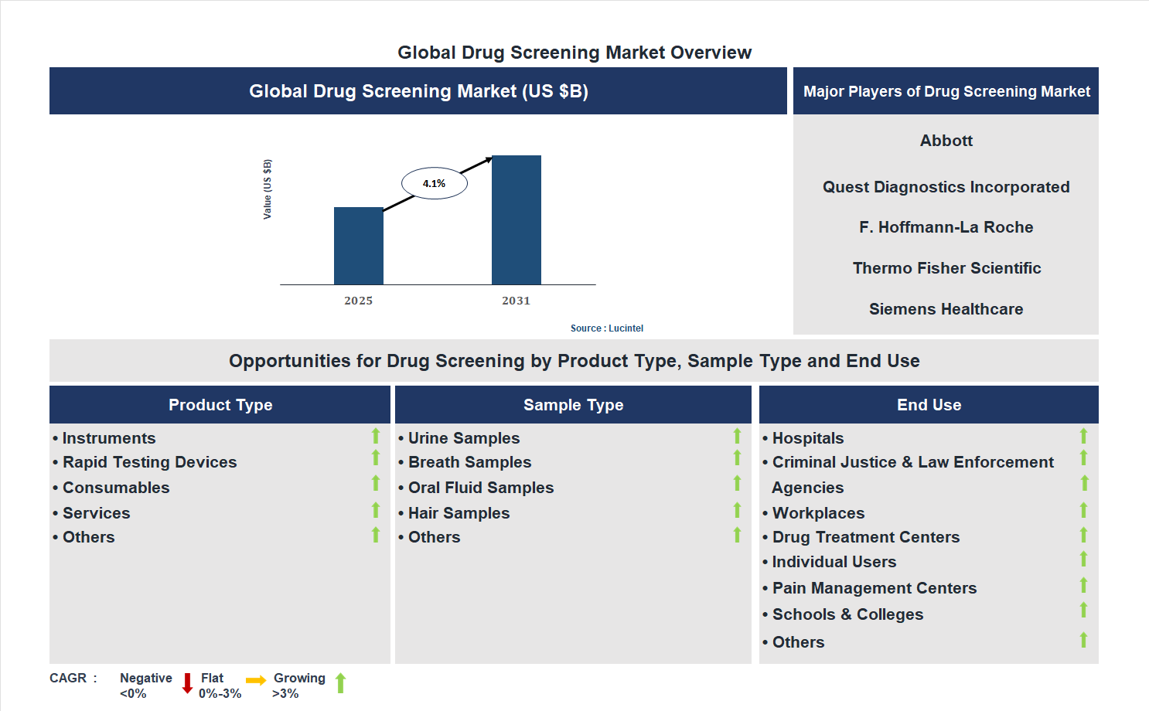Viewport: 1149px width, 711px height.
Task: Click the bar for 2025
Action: point(358,246)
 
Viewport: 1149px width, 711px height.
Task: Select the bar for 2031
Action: point(516,220)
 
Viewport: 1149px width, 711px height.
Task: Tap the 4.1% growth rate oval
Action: point(434,184)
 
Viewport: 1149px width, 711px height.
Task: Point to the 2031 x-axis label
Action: point(516,301)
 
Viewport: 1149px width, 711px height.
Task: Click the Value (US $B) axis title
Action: point(268,189)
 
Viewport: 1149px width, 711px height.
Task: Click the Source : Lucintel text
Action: point(606,328)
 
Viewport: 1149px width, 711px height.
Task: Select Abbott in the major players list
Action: point(946,141)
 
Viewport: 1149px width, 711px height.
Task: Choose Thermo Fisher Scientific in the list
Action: point(946,268)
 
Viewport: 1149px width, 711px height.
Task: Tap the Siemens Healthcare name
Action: point(946,309)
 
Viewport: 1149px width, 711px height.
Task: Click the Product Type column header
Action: point(220,405)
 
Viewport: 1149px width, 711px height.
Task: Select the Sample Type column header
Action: point(573,405)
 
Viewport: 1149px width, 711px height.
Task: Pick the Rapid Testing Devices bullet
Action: point(149,462)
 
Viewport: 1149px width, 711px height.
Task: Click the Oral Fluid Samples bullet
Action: point(480,488)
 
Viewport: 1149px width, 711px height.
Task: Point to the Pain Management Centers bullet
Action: point(874,588)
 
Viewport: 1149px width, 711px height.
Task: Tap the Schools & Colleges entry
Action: point(847,614)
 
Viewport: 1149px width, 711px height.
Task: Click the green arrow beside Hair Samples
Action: point(737,510)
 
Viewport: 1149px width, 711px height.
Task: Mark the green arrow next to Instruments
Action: point(376,436)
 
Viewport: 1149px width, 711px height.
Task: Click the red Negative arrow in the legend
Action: point(187,683)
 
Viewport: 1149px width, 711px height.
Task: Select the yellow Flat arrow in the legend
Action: point(255,681)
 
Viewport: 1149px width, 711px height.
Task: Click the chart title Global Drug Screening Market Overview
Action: point(574,53)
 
